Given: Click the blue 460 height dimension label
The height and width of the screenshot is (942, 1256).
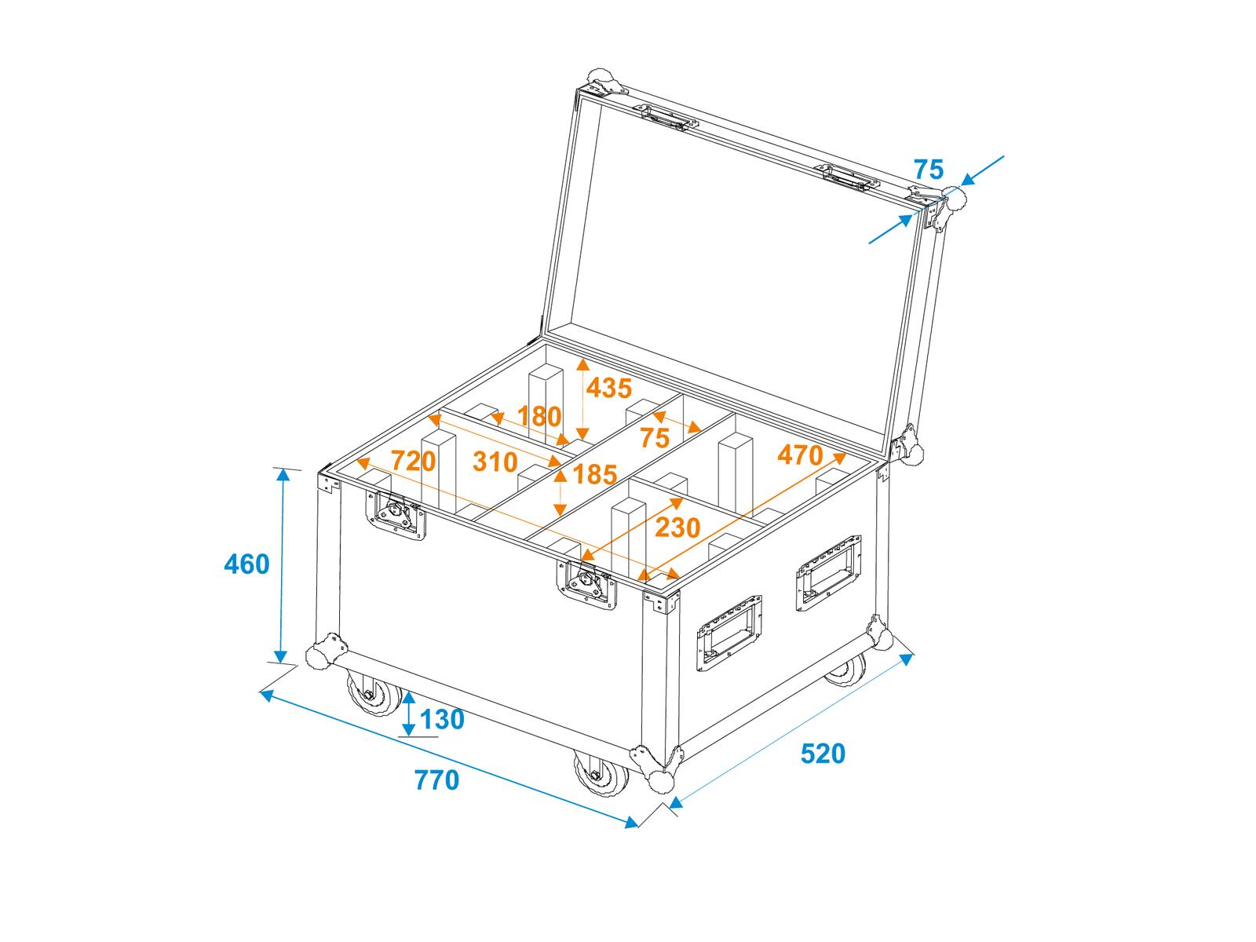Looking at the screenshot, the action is (x=246, y=564).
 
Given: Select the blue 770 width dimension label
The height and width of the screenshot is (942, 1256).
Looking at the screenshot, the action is (x=436, y=781).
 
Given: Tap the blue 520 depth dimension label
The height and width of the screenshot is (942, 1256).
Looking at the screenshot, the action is (x=823, y=754).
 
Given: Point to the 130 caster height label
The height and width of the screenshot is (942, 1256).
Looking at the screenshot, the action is (x=442, y=720).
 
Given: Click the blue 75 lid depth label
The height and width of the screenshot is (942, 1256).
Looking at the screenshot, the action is (x=929, y=170).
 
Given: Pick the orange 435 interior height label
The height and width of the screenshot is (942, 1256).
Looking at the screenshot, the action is (x=609, y=389).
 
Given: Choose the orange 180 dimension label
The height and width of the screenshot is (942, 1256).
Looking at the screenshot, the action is (x=539, y=416).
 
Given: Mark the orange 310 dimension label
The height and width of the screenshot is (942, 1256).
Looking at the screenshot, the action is (x=495, y=462).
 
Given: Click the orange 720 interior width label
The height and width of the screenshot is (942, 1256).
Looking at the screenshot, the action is (x=413, y=461).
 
